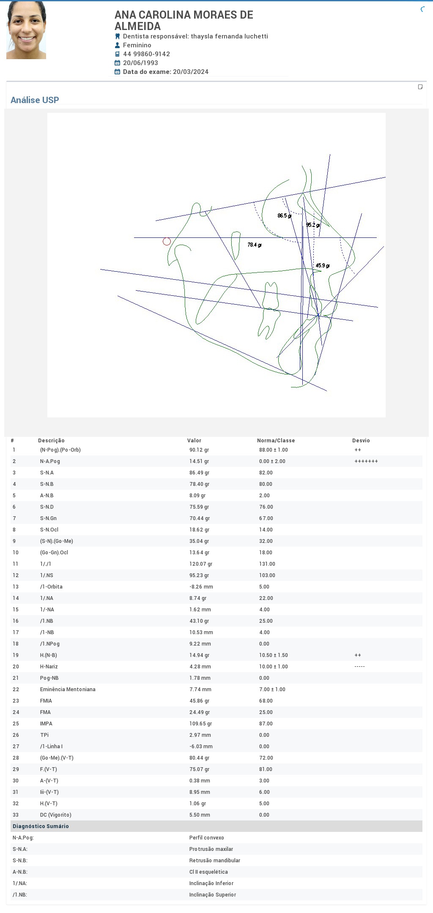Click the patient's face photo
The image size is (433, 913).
26,30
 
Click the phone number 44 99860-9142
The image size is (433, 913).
146,54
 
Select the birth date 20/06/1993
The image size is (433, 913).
140,63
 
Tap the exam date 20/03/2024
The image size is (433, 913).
191,72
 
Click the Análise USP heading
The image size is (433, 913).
35,100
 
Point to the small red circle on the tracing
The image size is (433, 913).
167,241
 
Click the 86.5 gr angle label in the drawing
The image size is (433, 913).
284,216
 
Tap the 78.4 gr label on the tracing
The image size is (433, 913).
254,245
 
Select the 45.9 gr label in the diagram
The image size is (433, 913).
322,266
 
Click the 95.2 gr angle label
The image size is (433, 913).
313,225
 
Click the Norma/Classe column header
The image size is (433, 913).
276,440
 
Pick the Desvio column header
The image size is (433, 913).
361,440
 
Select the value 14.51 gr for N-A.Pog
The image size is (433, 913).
199,461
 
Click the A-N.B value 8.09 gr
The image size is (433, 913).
197,496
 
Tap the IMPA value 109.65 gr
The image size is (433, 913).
200,724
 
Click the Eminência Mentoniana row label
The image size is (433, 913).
68,690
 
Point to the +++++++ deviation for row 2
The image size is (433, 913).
366,461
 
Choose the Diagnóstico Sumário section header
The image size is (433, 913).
41,826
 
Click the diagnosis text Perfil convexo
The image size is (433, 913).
206,838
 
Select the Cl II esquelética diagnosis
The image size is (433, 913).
208,872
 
